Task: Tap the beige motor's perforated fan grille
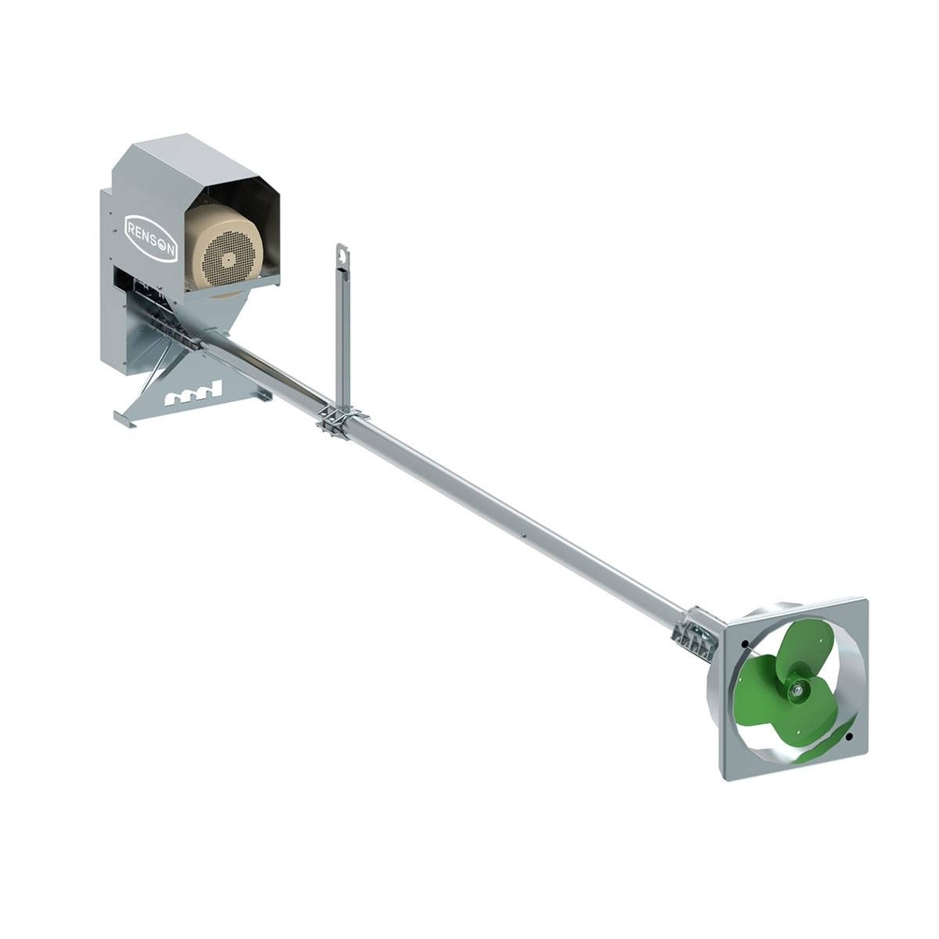pyautogui.click(x=223, y=253)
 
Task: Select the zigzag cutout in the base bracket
pyautogui.click(x=192, y=395)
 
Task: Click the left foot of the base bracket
pyautogui.click(x=127, y=420)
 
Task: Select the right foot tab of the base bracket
pyautogui.click(x=262, y=395)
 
